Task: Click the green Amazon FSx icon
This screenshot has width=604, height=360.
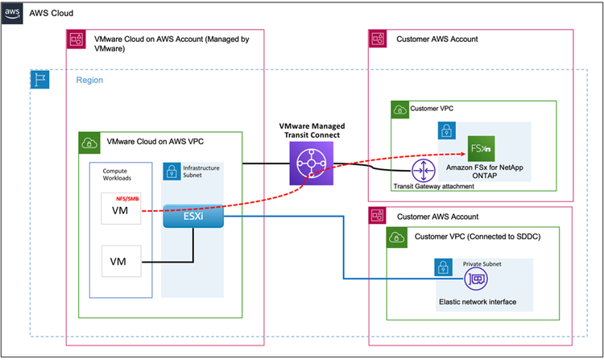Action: click(x=481, y=149)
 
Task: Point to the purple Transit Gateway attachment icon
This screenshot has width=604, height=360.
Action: click(x=422, y=170)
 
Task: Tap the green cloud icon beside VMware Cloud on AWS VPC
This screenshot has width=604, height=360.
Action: click(x=88, y=143)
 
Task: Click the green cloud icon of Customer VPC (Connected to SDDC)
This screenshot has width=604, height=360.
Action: click(x=398, y=238)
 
